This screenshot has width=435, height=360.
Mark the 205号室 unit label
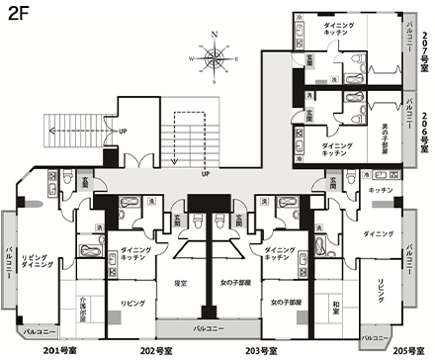tap(406, 348)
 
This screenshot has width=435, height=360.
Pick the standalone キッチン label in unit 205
tap(381, 189)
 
